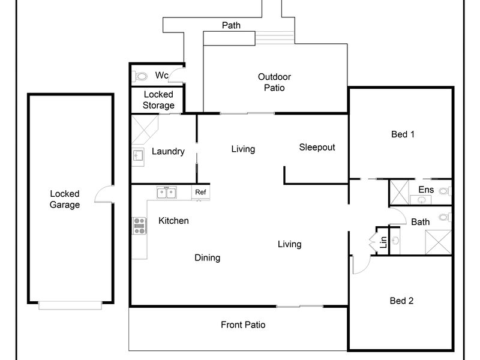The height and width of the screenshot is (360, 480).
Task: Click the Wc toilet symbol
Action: point(140,76)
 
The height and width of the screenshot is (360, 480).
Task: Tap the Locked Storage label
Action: point(158,100)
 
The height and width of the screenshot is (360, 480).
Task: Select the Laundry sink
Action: point(138,156)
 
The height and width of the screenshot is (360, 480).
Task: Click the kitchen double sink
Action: point(166,193)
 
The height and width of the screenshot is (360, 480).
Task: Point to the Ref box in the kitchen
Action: point(200,192)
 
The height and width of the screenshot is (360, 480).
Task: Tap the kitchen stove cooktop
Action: point(139,226)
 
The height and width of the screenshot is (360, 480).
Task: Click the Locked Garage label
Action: point(64,199)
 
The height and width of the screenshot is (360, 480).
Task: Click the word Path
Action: point(231,25)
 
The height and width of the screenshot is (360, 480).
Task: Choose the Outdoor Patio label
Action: point(274,82)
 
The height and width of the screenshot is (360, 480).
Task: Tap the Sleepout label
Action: point(317,147)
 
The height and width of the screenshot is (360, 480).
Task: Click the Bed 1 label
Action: point(403,134)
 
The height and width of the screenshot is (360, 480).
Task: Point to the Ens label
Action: point(425,190)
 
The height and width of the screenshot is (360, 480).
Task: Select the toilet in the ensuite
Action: point(444,191)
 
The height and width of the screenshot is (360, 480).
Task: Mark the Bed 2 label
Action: point(401,301)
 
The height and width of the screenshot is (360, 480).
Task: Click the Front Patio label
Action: point(243,325)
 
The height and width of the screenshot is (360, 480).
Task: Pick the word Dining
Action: point(207,258)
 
